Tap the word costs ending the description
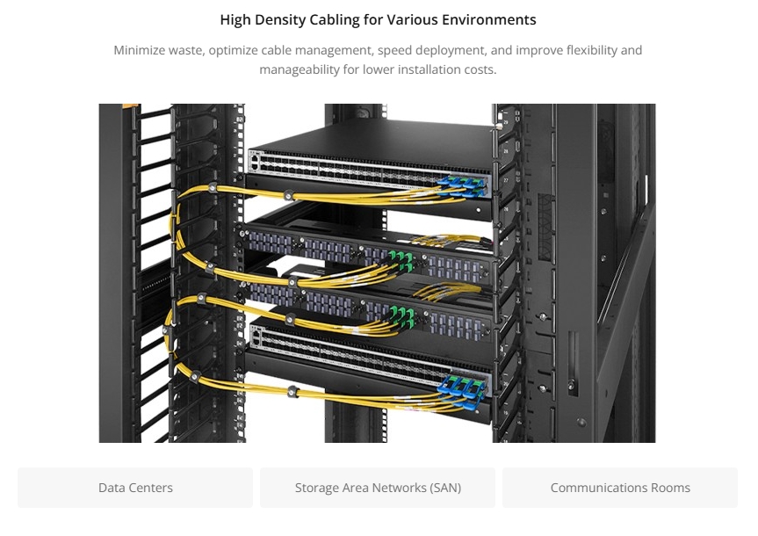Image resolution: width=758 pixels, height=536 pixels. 480,69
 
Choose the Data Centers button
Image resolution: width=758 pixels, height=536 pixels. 135,488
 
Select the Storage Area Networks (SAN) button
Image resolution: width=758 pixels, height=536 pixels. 378,488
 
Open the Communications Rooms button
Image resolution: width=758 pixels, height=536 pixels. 620,488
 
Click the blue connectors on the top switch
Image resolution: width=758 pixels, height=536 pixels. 461,187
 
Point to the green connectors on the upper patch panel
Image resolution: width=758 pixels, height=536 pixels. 401,262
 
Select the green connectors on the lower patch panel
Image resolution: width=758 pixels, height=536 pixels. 402,316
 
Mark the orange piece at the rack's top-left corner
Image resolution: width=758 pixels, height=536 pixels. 131,105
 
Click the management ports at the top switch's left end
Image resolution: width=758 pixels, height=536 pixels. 255,161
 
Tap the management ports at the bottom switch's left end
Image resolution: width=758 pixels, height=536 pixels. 256,337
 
